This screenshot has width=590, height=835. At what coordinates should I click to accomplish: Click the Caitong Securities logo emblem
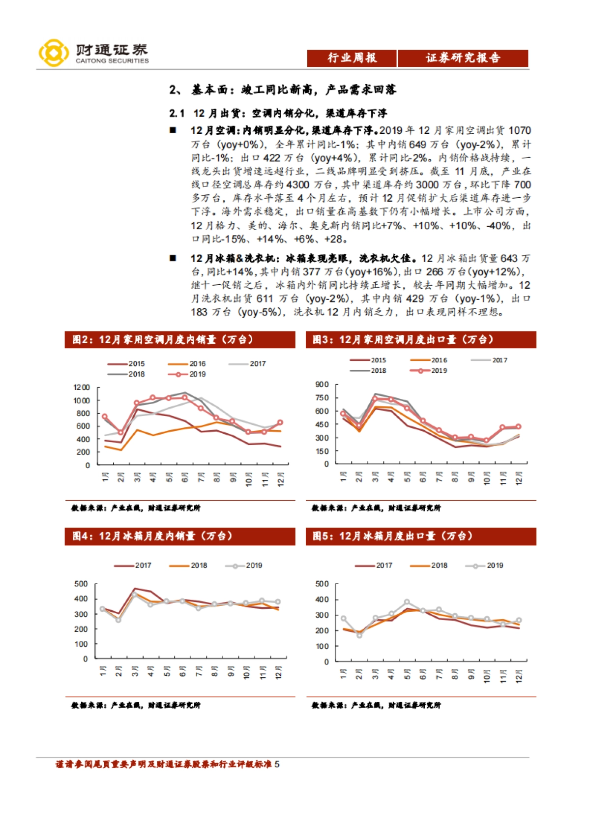pos(54,53)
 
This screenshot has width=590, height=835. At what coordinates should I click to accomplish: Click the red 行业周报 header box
pos(352,58)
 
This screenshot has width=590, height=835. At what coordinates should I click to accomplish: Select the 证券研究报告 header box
pos(463,58)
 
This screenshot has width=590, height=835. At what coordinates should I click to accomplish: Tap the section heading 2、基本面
pos(282,89)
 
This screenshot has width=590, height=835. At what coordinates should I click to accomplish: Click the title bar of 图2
pos(180,340)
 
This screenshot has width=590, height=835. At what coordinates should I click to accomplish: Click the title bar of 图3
pos(421,340)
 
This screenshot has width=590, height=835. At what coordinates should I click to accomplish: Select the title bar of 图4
pos(180,536)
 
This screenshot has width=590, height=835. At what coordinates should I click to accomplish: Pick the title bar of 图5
pos(421,536)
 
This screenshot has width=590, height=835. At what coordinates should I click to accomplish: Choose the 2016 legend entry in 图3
pos(429,360)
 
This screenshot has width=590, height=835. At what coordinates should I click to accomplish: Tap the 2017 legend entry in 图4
pos(133,566)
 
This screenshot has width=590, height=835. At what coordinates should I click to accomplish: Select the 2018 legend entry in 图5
pos(429,566)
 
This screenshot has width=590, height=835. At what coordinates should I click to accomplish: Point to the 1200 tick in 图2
pos(82,388)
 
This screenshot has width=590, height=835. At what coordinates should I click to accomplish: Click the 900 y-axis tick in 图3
pos(323,385)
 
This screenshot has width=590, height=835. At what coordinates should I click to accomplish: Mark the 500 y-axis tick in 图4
pos(81,584)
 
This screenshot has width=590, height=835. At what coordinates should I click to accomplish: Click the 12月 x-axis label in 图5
pos(518,676)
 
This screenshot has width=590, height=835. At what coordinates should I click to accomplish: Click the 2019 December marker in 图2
pos(280,422)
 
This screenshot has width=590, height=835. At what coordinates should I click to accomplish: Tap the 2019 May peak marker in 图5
pos(407,602)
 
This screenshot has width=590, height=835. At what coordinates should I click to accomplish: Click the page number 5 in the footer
pos(277,764)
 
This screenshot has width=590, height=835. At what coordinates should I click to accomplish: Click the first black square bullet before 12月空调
pos(173,130)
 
